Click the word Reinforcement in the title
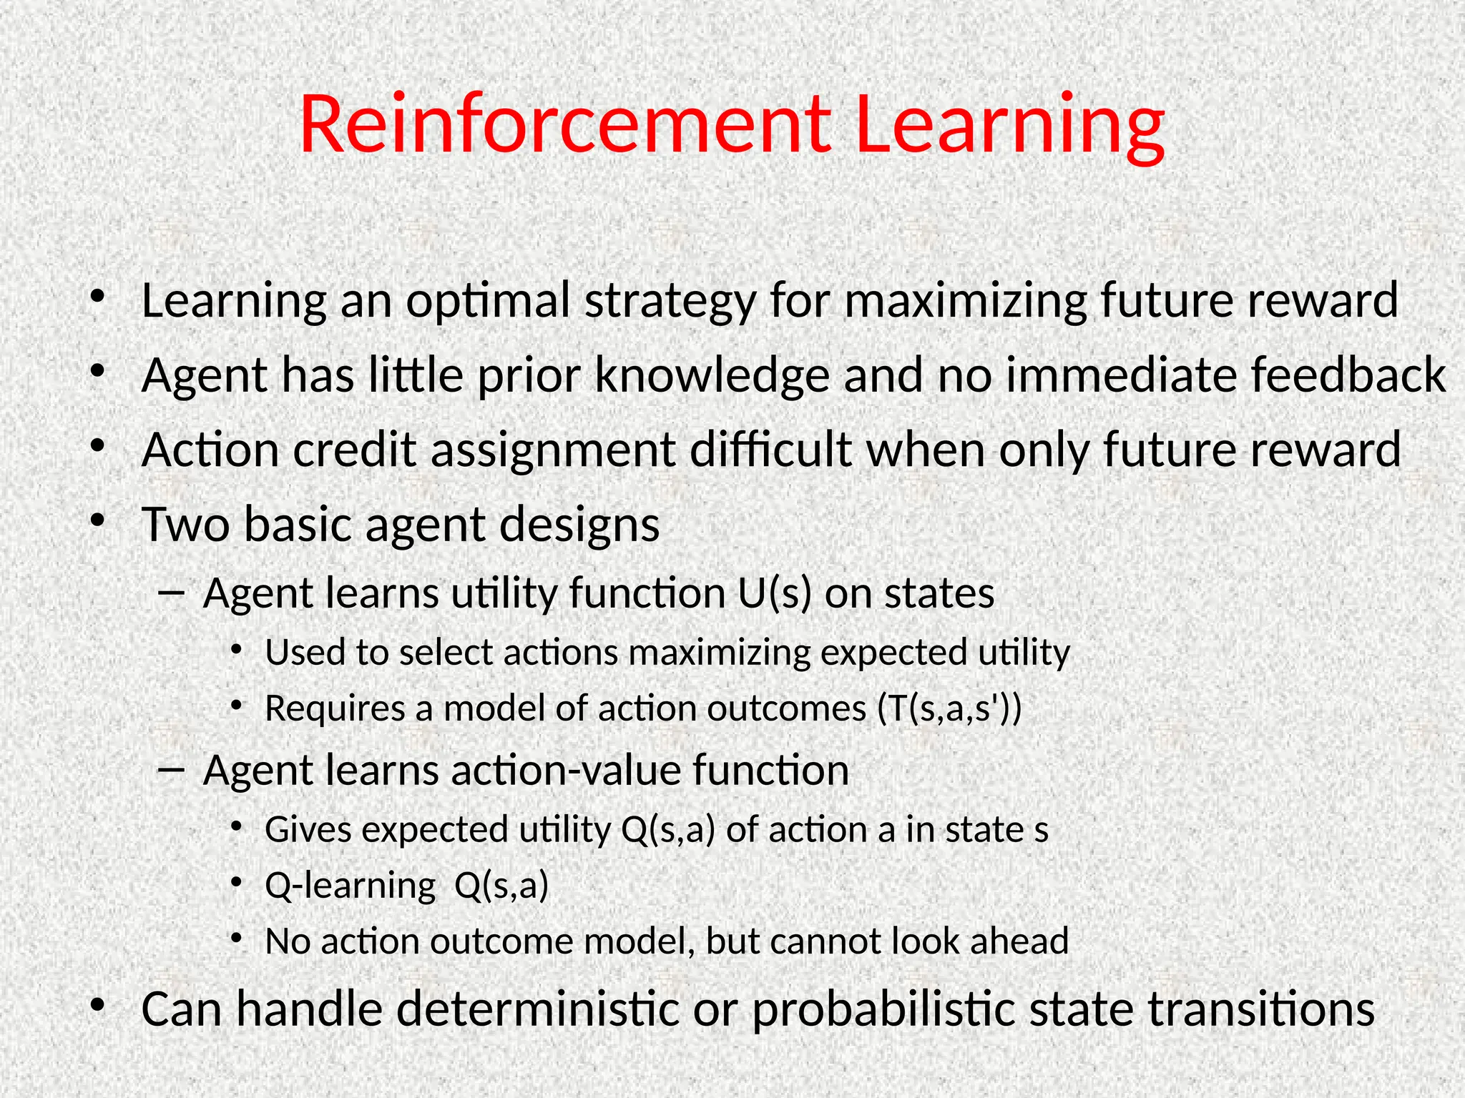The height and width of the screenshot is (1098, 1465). (565, 125)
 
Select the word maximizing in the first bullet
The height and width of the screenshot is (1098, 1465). (966, 301)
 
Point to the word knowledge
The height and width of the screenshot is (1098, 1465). (712, 376)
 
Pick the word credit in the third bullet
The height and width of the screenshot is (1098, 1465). (354, 450)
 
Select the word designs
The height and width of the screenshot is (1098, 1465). (579, 526)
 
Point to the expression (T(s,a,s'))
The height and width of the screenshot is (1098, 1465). (949, 708)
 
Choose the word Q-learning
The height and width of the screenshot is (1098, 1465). (350, 886)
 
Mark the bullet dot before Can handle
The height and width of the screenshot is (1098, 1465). (97, 1006)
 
